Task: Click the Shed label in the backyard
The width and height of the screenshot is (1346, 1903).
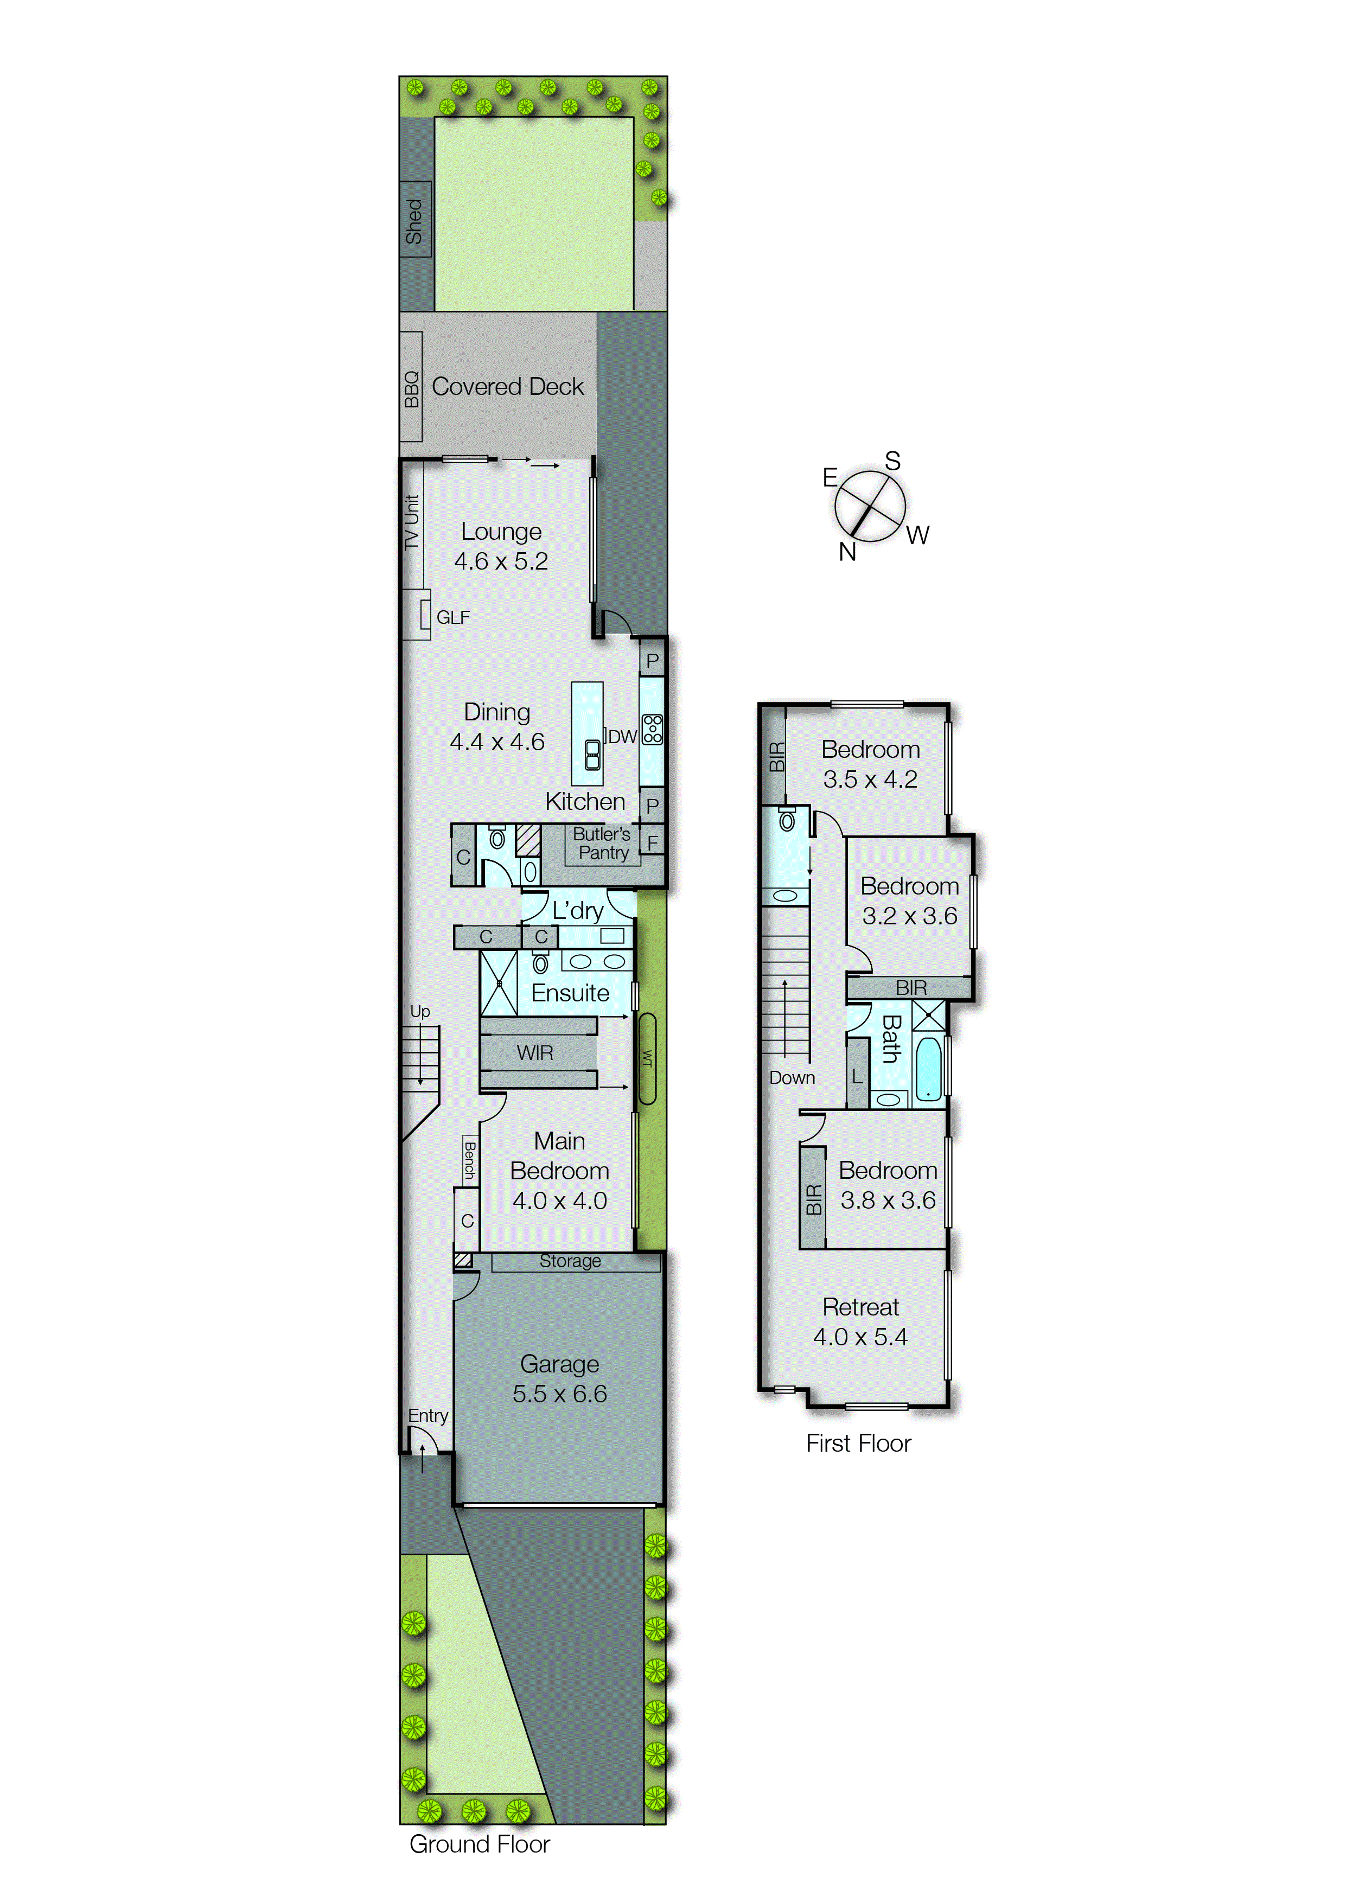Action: click(x=413, y=220)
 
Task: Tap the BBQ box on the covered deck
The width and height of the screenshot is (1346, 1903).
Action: click(x=411, y=388)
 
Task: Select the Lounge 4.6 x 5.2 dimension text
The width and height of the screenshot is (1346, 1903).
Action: click(x=501, y=561)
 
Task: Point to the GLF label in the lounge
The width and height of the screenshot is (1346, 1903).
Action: click(x=452, y=617)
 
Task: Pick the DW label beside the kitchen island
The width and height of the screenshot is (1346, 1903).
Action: click(x=622, y=737)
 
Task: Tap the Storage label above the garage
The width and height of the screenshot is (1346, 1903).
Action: click(x=570, y=1261)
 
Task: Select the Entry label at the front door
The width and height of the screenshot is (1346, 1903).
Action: click(x=428, y=1416)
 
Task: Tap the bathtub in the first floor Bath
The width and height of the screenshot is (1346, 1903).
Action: click(x=928, y=1069)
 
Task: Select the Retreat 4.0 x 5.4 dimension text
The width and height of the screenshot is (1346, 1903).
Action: click(x=860, y=1337)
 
